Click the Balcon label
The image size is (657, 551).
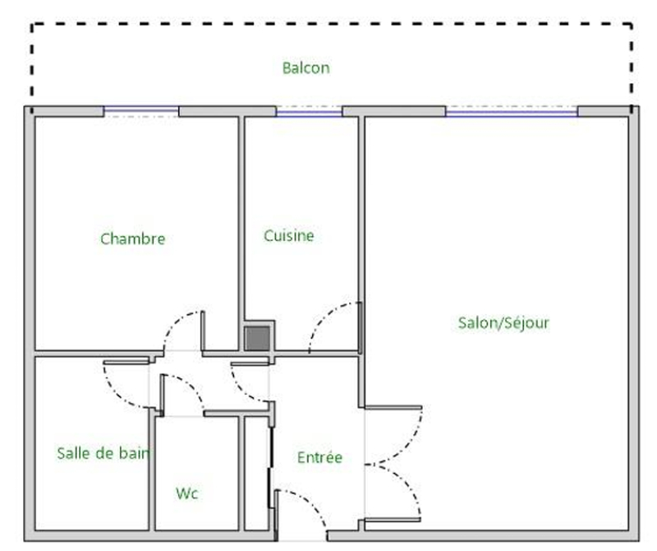coord(306,68)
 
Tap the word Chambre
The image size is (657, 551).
coord(133,238)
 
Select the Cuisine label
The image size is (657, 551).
coord(289,235)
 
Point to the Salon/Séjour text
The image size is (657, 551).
coord(503,322)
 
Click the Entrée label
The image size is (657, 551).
coord(319,457)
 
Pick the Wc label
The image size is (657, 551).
coord(187,493)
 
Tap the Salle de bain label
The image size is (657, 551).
coord(103,453)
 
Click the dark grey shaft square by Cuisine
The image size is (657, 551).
coord(257,338)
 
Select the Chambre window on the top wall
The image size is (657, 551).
coord(141,111)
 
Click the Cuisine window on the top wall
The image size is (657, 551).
coord(310,111)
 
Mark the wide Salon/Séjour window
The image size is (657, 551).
coord(512,111)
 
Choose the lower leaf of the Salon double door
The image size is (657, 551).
coord(407,483)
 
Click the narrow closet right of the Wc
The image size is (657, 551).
coord(256,474)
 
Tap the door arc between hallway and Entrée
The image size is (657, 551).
coord(243,388)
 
